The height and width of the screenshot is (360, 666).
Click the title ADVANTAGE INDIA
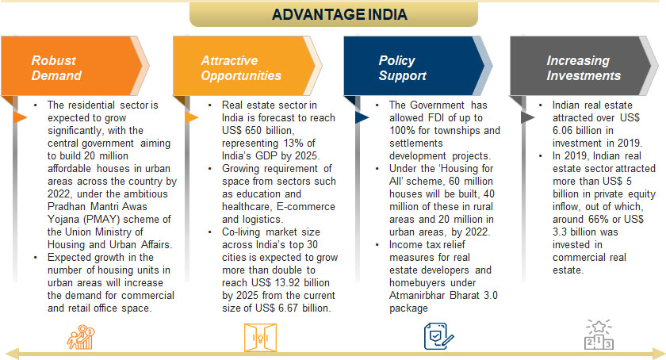tap(339, 14)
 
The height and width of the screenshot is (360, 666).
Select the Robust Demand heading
tap(56, 68)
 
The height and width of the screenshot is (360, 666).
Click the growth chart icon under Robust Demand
tap(82, 335)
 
